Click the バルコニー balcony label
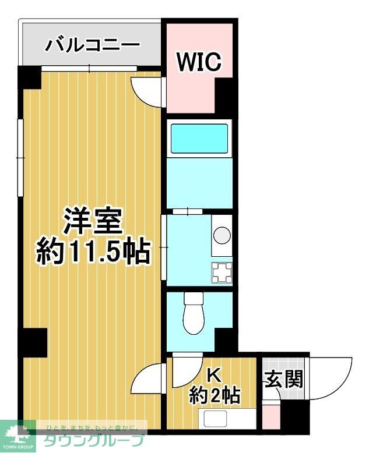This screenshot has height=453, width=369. click(93, 44)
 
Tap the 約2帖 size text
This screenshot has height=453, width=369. click(215, 396)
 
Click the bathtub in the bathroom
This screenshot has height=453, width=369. click(199, 139)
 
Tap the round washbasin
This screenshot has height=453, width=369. click(222, 235)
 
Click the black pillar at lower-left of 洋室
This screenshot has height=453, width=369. click(34, 342)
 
